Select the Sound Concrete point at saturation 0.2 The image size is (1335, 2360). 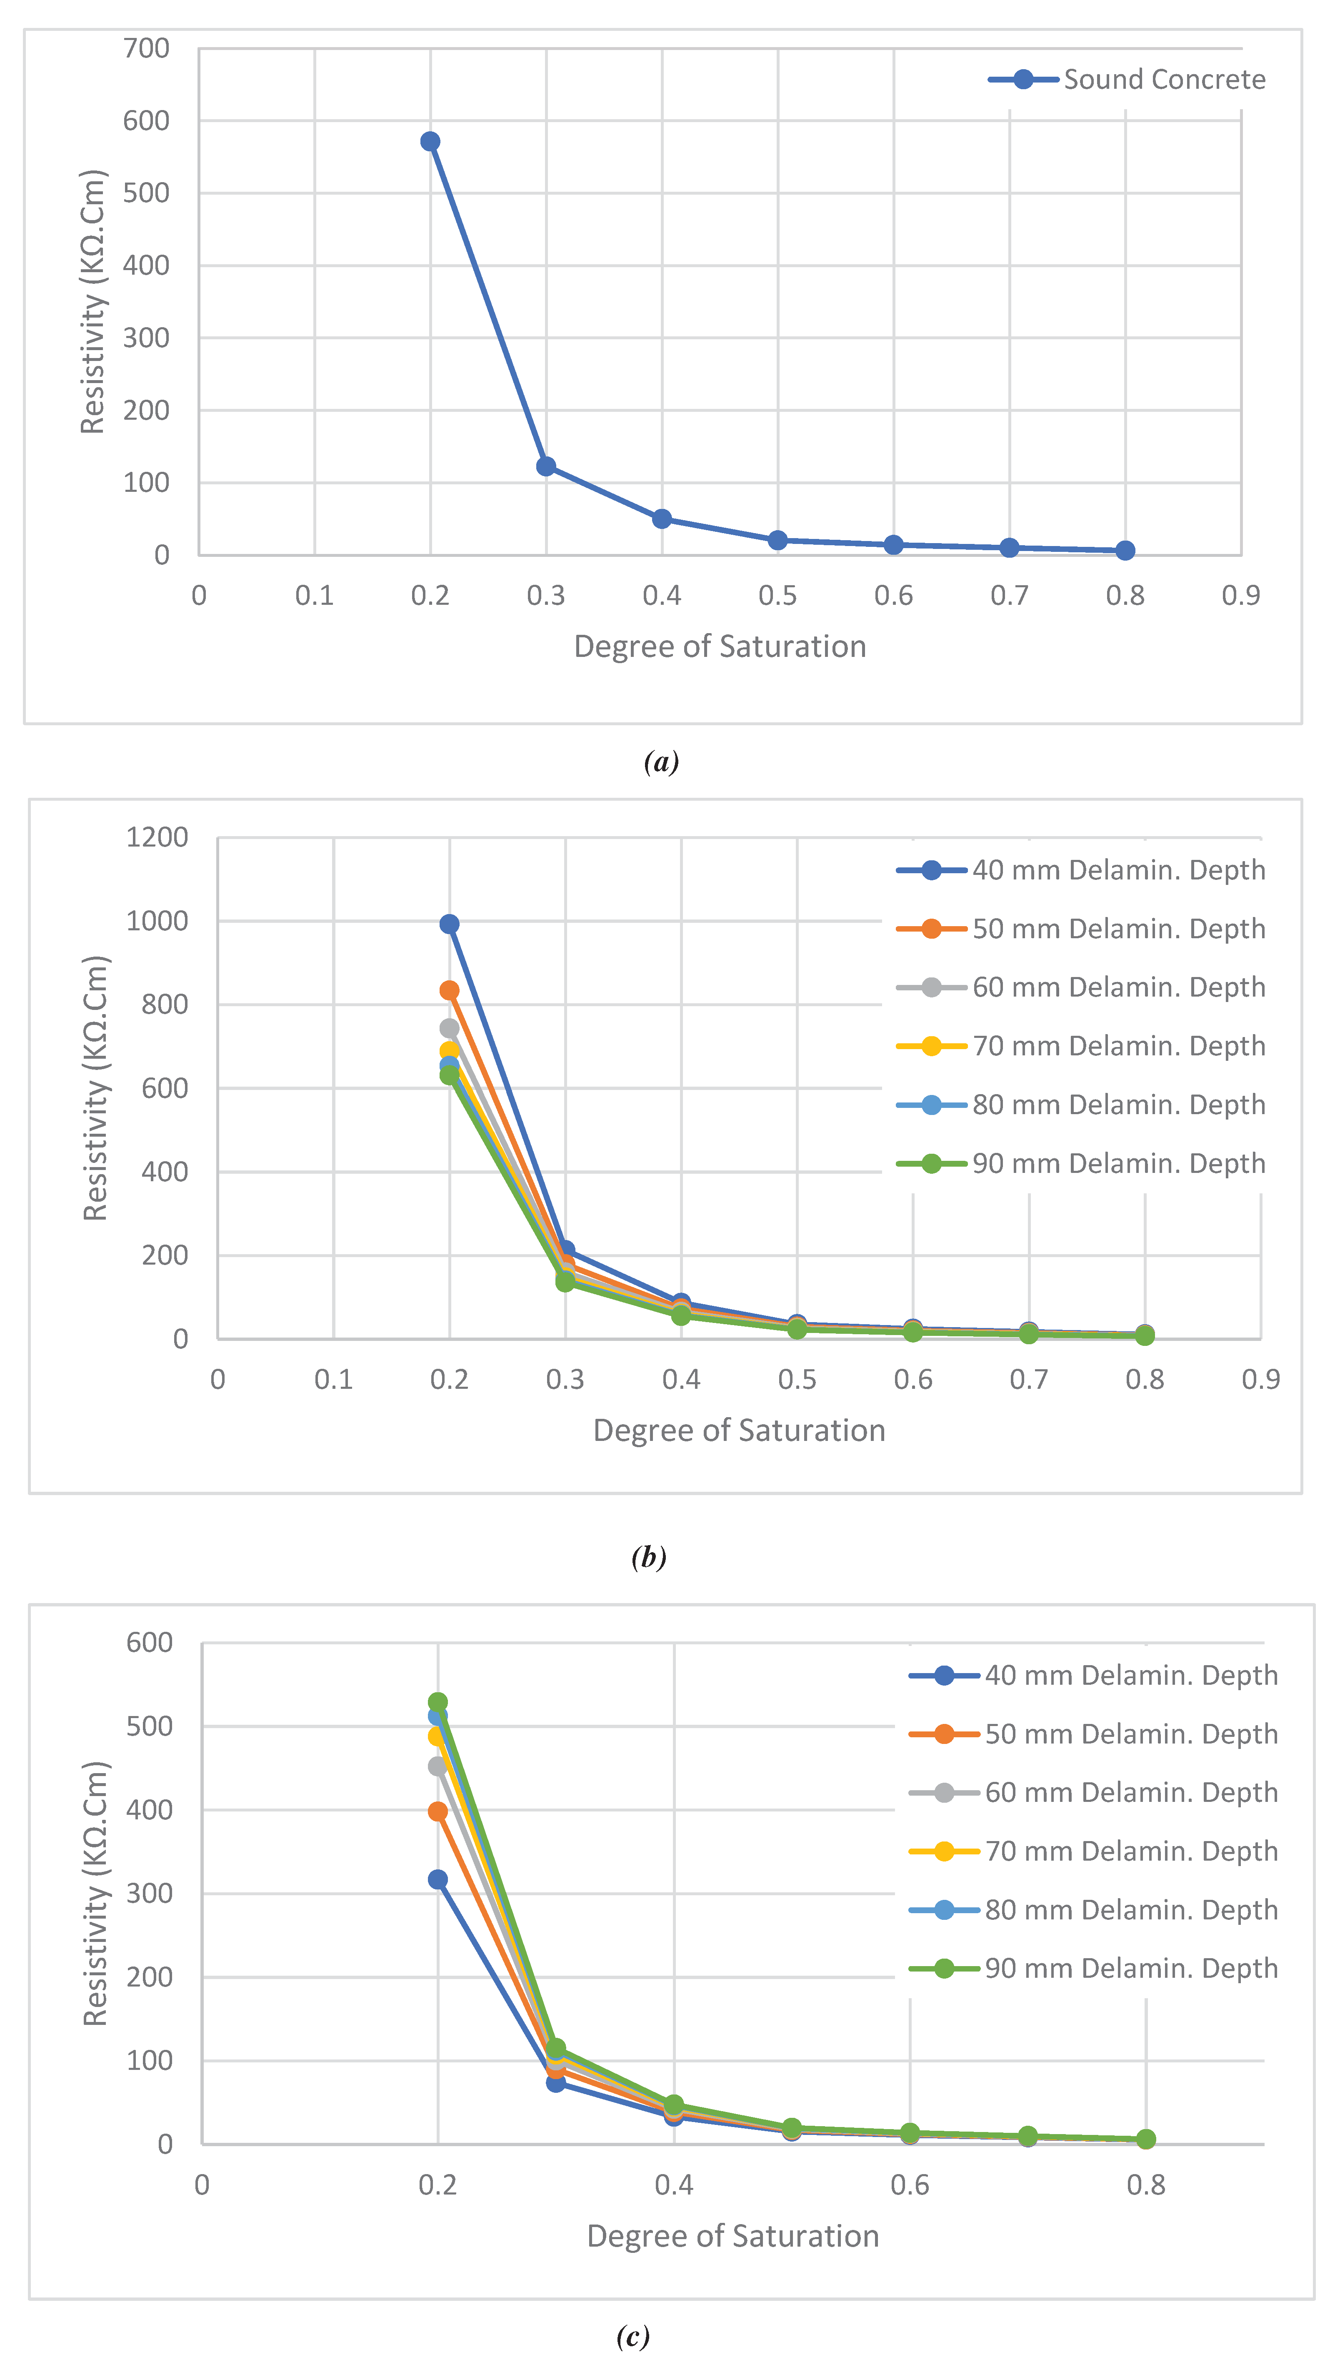pyautogui.click(x=430, y=141)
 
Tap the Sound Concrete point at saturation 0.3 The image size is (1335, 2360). pyautogui.click(x=545, y=467)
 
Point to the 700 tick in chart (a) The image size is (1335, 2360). pyautogui.click(x=147, y=49)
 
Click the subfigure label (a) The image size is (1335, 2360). pyautogui.click(x=661, y=761)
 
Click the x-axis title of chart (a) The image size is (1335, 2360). pyautogui.click(x=720, y=646)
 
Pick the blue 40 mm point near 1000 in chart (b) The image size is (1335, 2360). pyautogui.click(x=449, y=924)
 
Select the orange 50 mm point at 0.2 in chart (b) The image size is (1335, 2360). pyautogui.click(x=449, y=991)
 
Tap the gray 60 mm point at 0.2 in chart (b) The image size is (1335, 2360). pyautogui.click(x=449, y=1028)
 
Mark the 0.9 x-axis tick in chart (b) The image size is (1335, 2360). pyautogui.click(x=1261, y=1380)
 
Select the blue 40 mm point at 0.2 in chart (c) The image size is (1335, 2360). pyautogui.click(x=438, y=1879)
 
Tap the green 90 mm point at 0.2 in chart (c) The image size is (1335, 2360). pyautogui.click(x=438, y=1702)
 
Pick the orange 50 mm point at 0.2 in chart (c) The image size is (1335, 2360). pyautogui.click(x=438, y=1811)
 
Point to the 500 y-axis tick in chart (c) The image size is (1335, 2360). pyautogui.click(x=150, y=1726)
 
